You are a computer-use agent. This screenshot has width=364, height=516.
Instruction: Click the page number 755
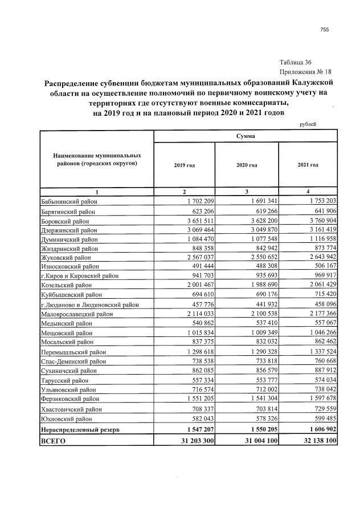click(x=325, y=30)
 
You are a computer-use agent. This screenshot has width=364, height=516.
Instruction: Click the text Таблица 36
click(x=296, y=62)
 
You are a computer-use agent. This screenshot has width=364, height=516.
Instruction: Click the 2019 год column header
click(x=184, y=165)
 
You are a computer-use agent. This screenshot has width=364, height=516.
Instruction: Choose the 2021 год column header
click(x=308, y=165)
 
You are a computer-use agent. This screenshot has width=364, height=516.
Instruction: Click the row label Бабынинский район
click(x=69, y=201)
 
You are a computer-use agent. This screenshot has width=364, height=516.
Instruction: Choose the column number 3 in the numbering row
click(x=246, y=192)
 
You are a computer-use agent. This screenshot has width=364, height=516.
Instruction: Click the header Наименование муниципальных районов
click(x=97, y=159)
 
